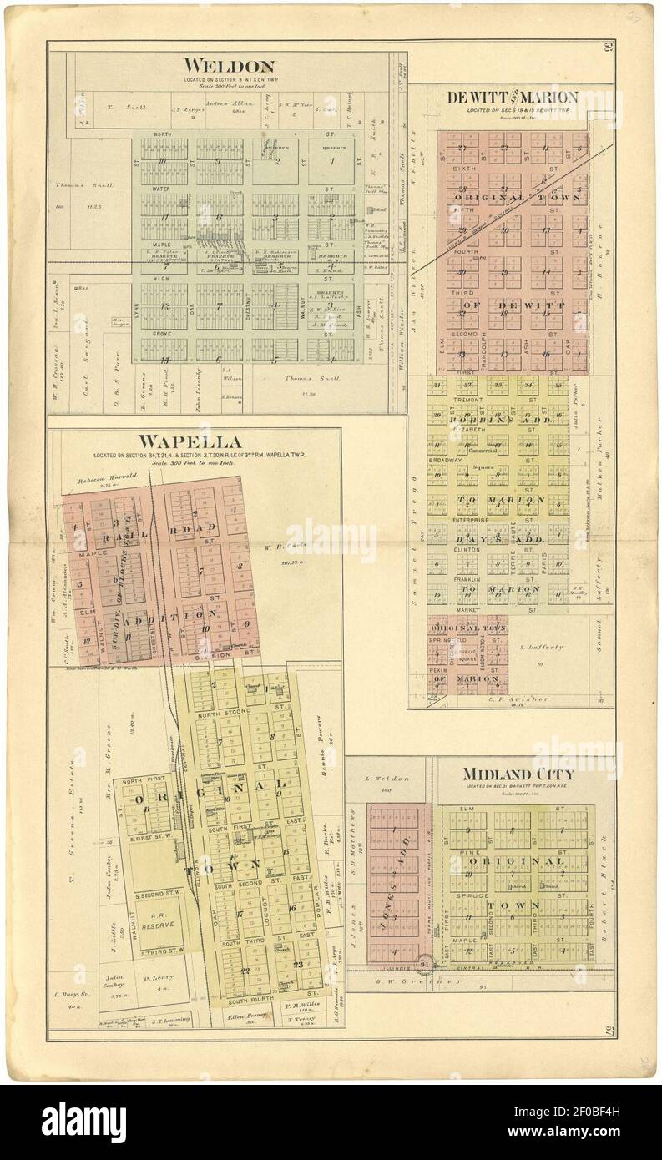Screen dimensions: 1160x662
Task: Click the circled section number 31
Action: click(425, 966)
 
